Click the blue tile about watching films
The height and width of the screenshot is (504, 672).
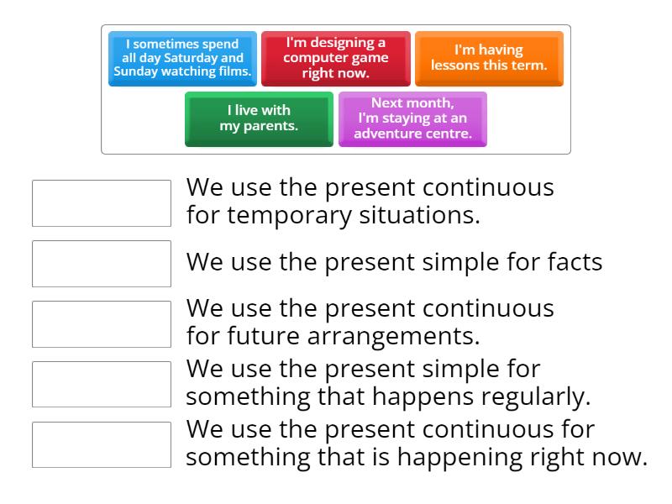(x=183, y=58)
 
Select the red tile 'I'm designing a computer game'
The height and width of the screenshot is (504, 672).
(x=336, y=58)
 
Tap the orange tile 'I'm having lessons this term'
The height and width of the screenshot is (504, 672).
(x=489, y=58)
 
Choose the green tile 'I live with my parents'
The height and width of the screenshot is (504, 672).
(x=259, y=118)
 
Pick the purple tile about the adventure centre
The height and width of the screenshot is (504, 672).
(x=412, y=118)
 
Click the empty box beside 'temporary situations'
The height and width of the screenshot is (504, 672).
(x=102, y=203)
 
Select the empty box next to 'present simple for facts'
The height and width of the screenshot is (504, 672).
(x=102, y=264)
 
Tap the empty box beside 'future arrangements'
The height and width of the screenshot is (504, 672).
(x=102, y=324)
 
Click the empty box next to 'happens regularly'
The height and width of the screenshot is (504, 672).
(x=102, y=384)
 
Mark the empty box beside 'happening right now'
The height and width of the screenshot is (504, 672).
(x=102, y=444)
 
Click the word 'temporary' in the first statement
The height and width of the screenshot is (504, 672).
(x=281, y=216)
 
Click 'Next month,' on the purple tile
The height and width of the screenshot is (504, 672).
(x=412, y=103)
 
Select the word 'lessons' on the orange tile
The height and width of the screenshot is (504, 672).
(x=457, y=65)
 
